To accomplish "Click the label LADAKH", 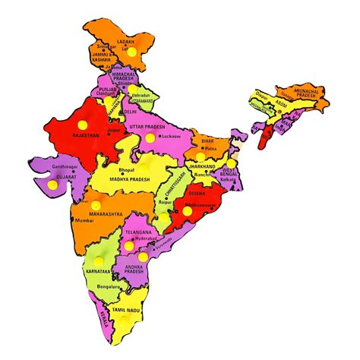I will (127, 42).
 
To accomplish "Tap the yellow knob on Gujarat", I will (52, 184).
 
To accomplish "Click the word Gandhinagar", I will (45, 165).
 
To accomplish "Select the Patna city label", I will (211, 150).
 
